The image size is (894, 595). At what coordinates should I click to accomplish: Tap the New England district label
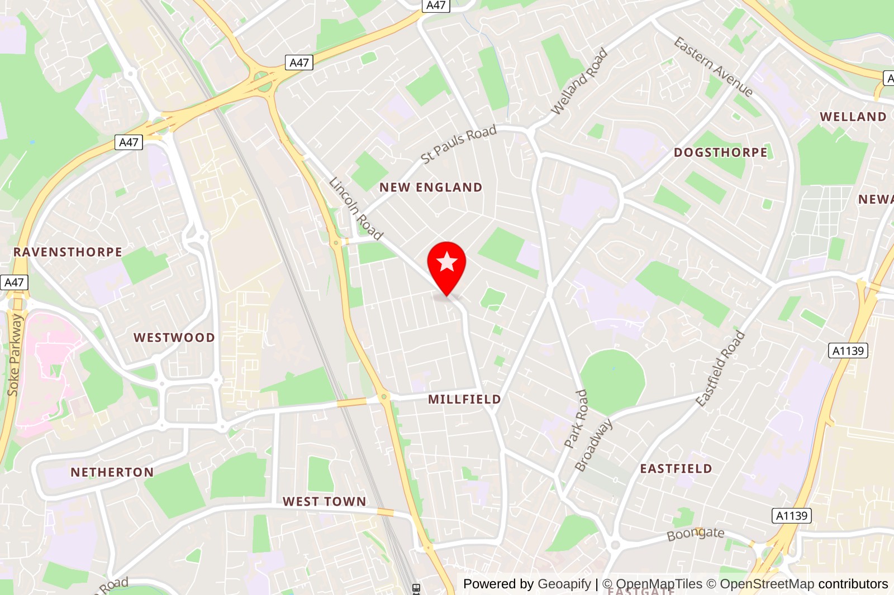click(x=430, y=188)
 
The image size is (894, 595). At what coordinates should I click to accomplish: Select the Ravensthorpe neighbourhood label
click(x=68, y=252)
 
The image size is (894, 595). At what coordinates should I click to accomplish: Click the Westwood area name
click(x=174, y=338)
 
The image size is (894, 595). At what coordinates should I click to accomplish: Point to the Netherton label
click(x=112, y=472)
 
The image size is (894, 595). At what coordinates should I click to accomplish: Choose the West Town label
click(x=324, y=502)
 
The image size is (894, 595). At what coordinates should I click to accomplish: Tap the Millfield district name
click(x=464, y=399)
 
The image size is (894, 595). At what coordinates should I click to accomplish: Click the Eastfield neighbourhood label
click(x=676, y=469)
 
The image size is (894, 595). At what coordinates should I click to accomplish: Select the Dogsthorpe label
click(x=720, y=152)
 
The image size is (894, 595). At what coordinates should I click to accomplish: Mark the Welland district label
click(x=853, y=117)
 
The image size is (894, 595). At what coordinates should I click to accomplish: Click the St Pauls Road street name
click(x=459, y=144)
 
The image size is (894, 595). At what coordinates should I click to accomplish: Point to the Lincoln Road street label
click(x=356, y=208)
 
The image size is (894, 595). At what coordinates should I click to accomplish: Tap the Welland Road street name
click(x=579, y=81)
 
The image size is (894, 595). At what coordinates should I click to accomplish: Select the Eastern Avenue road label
click(x=713, y=67)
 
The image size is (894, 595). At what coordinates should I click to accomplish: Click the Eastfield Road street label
click(x=720, y=368)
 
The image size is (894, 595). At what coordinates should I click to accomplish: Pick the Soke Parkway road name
click(x=15, y=355)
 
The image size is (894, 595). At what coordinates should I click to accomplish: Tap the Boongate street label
click(x=695, y=534)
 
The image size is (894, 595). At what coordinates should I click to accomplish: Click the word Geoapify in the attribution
click(x=564, y=584)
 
